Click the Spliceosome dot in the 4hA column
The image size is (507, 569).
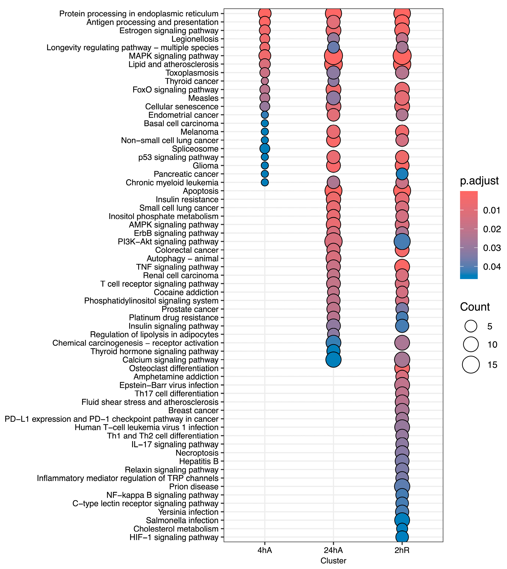(265, 149)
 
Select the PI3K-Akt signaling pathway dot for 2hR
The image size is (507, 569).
(402, 241)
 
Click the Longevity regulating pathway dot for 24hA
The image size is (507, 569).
(333, 47)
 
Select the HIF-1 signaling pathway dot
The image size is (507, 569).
(402, 537)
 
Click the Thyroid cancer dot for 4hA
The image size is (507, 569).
(265, 81)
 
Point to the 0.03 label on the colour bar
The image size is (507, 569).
(492, 248)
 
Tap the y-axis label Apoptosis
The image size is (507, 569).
(201, 191)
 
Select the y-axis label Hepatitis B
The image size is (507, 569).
(199, 461)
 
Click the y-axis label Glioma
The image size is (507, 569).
(206, 166)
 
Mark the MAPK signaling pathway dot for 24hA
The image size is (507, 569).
(333, 56)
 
